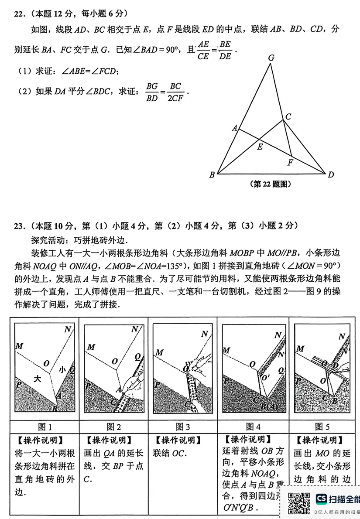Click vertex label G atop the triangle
[x=271, y=58]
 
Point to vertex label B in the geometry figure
[x=212, y=175]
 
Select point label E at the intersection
[x=260, y=147]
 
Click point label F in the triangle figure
[x=290, y=163]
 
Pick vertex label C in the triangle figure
[x=288, y=116]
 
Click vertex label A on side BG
[x=234, y=128]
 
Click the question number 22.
[x=18, y=14]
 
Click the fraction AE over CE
[x=203, y=50]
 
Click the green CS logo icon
[x=322, y=498]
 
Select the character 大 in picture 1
[x=38, y=379]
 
